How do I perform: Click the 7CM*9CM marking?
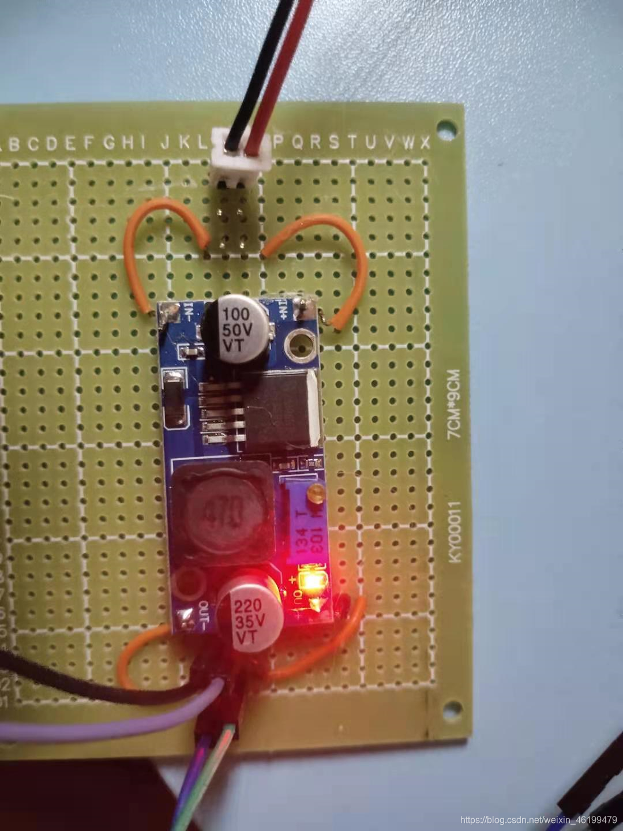point(455,405)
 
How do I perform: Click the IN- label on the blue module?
point(189,315)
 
